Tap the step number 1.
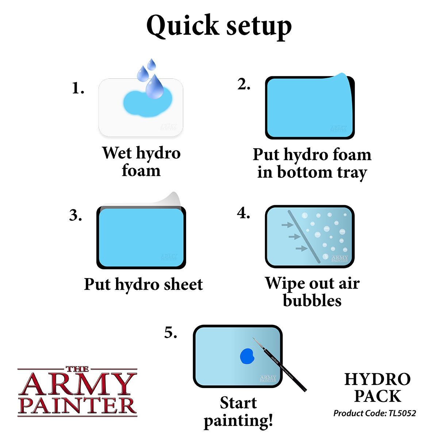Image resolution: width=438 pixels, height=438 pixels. [78, 88]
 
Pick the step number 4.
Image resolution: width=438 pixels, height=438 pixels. [243, 213]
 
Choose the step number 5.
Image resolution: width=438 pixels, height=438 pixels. [170, 333]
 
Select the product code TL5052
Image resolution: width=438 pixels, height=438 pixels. [400, 414]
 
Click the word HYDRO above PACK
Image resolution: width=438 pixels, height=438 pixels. [377, 380]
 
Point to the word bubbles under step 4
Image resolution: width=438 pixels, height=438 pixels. [312, 300]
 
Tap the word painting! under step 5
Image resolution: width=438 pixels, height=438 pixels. [238, 420]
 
